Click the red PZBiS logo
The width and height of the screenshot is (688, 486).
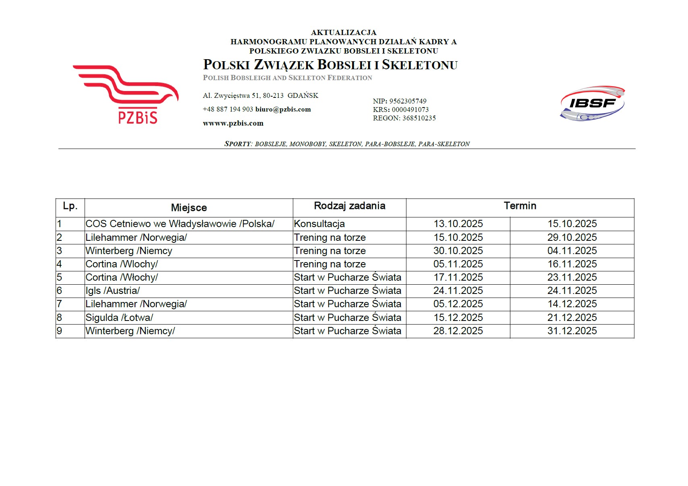pyautogui.click(x=126, y=94)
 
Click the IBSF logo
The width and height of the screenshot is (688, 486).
pyautogui.click(x=592, y=103)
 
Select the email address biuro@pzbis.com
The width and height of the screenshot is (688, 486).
pyautogui.click(x=283, y=110)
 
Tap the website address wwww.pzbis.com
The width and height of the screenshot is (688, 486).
pyautogui.click(x=233, y=123)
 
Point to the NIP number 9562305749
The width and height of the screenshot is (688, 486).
pyautogui.click(x=408, y=101)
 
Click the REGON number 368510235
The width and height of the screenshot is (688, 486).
pyautogui.click(x=419, y=118)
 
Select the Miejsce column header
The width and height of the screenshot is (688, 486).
pyautogui.click(x=189, y=208)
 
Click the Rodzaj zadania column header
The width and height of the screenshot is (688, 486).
pyautogui.click(x=349, y=206)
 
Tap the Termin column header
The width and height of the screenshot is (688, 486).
pyautogui.click(x=520, y=206)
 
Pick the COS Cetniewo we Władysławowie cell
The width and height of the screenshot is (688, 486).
pyautogui.click(x=180, y=224)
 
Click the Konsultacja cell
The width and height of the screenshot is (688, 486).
pyautogui.click(x=319, y=224)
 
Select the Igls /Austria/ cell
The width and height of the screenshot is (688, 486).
pyautogui.click(x=112, y=291)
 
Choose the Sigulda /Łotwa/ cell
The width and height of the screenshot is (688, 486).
pyautogui.click(x=119, y=318)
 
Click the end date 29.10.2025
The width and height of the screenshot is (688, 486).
pyautogui.click(x=572, y=238)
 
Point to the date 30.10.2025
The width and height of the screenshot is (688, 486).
pyautogui.click(x=458, y=251)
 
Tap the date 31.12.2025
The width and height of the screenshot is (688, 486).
pyautogui.click(x=572, y=331)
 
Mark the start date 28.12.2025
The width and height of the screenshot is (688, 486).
pyautogui.click(x=458, y=331)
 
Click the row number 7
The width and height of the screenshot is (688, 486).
pyautogui.click(x=60, y=304)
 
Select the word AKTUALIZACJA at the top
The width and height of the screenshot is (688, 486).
pyautogui.click(x=344, y=33)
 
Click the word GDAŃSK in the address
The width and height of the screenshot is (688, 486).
pyautogui.click(x=303, y=96)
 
